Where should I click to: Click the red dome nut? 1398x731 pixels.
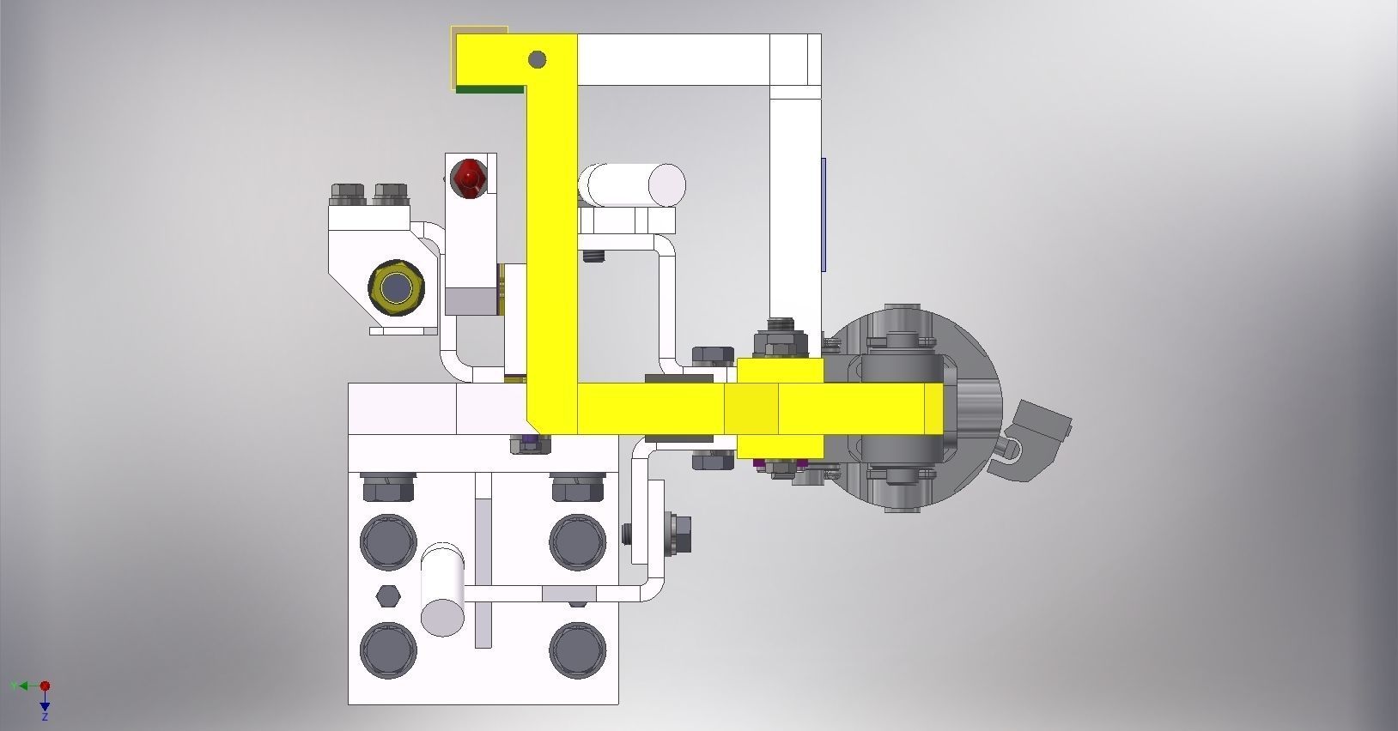coord(469,176)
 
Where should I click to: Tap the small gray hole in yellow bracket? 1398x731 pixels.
coord(537,59)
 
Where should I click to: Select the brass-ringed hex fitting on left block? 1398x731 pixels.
coord(396,288)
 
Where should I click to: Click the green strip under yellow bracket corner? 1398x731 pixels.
coord(489,88)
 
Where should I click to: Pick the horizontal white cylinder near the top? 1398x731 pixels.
coord(632,185)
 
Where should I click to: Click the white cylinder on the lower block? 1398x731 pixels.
coord(442,589)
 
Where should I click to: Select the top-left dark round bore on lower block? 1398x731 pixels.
coord(388,541)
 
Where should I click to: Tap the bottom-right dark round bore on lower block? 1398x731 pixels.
coord(577,650)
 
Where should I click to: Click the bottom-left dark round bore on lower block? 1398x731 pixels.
coord(388,650)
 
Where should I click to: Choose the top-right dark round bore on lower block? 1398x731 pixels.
coord(577,541)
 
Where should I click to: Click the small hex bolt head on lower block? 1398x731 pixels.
coord(387,595)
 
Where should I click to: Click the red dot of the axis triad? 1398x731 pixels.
coord(45,686)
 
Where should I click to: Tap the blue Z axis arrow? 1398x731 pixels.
coord(45,706)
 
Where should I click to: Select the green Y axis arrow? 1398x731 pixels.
coord(19,686)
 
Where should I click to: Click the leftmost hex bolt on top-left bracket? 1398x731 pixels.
coord(348,195)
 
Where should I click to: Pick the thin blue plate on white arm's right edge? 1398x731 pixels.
coord(823,214)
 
